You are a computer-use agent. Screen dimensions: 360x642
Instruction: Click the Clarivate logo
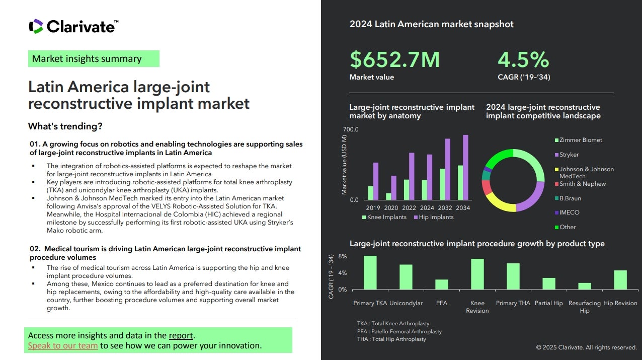(x=73, y=26)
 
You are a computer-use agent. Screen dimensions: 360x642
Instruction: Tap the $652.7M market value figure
(x=394, y=59)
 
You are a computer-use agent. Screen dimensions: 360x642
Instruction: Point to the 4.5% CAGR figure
(x=523, y=59)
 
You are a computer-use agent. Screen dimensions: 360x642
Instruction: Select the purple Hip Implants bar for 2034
(x=465, y=167)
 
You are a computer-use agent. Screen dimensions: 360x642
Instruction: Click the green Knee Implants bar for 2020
(x=388, y=196)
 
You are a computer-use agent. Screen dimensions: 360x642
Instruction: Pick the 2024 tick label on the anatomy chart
(x=427, y=208)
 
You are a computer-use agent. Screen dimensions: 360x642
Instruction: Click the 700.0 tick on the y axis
(x=351, y=129)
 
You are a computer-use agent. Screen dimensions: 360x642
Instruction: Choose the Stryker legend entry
(x=569, y=155)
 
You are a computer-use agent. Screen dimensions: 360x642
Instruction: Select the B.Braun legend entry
(x=571, y=198)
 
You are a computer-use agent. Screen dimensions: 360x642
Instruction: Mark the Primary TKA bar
(x=370, y=272)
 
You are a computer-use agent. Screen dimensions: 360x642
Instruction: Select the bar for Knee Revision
(x=477, y=274)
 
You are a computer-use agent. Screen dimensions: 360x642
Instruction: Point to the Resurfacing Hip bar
(x=584, y=286)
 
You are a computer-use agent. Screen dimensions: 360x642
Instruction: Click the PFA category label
(x=441, y=303)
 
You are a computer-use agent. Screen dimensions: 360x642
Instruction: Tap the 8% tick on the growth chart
(x=342, y=256)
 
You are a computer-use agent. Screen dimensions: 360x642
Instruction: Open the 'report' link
(x=181, y=335)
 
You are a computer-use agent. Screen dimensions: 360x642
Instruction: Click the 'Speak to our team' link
(x=63, y=345)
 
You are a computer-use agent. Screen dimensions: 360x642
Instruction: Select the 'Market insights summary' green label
(x=94, y=59)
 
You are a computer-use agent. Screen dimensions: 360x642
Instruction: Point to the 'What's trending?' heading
(x=65, y=126)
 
